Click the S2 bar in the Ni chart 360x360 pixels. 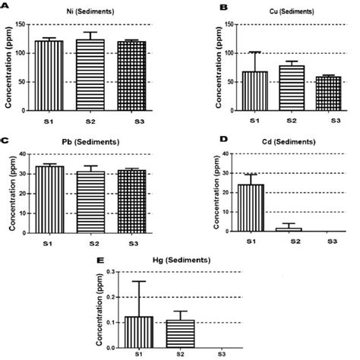tap(90, 75)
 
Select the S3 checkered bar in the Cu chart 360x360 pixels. tap(328, 93)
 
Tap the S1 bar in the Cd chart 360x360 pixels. tap(251, 208)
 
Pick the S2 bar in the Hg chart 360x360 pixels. tap(180, 334)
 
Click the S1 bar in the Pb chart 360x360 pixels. tap(49, 200)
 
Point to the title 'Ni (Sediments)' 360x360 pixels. tap(90, 11)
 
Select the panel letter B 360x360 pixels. tap(224, 8)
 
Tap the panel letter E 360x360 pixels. tap(100, 261)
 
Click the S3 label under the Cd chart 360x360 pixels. tap(333, 242)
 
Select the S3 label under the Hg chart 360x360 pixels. tap(222, 354)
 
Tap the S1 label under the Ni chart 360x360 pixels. tap(49, 122)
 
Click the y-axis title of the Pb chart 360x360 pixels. tap(12, 194)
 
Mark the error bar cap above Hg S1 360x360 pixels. tap(139, 281)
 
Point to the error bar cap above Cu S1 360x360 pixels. tap(255, 52)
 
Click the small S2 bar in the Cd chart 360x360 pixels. tap(289, 229)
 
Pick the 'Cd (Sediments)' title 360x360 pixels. tap(289, 142)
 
